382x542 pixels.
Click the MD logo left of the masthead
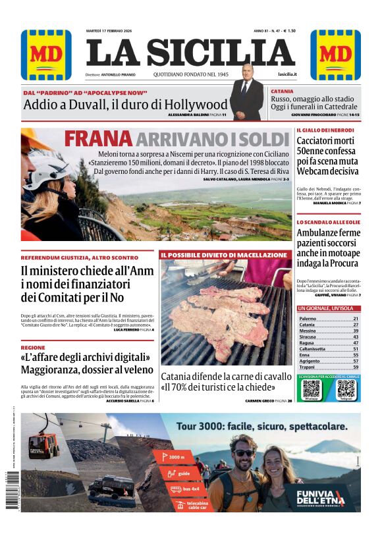click(46, 55)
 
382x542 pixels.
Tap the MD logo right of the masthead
click(335, 55)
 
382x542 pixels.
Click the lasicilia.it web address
click(287, 74)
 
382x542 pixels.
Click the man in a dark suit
click(246, 97)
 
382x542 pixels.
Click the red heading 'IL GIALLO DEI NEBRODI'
click(325, 130)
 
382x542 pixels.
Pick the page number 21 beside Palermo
click(356, 319)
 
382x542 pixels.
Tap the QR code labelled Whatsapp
click(312, 389)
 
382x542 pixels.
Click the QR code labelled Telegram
click(345, 389)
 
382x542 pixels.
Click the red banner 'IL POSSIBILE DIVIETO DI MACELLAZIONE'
click(225, 254)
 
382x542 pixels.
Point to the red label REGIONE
click(33, 347)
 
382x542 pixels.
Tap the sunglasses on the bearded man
click(244, 452)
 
